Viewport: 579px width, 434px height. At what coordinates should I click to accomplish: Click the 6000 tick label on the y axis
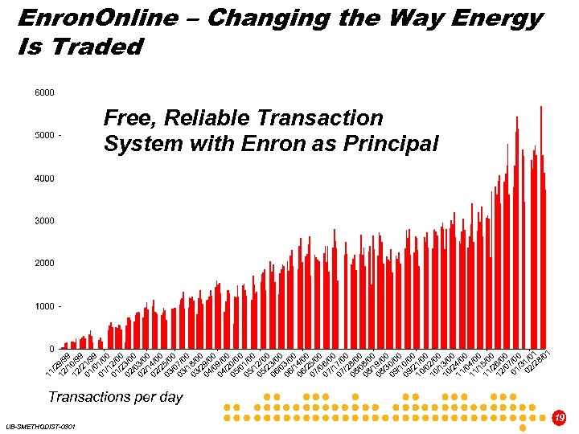(44, 92)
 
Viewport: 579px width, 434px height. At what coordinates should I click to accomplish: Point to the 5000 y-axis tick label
(44, 135)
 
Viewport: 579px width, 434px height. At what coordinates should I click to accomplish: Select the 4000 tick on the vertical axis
(44, 178)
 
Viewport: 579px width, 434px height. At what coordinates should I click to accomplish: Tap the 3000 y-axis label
(44, 220)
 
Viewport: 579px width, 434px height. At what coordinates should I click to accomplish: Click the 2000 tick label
(44, 263)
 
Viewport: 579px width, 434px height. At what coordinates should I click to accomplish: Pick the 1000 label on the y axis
(44, 306)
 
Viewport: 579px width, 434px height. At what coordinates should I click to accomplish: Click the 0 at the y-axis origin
(52, 349)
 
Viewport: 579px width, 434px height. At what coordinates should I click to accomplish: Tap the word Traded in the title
(96, 47)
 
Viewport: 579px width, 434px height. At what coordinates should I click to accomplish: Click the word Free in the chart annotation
(129, 118)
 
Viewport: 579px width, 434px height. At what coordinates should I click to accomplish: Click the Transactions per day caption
(115, 396)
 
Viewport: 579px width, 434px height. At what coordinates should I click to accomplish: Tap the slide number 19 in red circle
(560, 418)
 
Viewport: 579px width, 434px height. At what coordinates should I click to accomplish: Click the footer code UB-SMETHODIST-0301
(39, 426)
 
